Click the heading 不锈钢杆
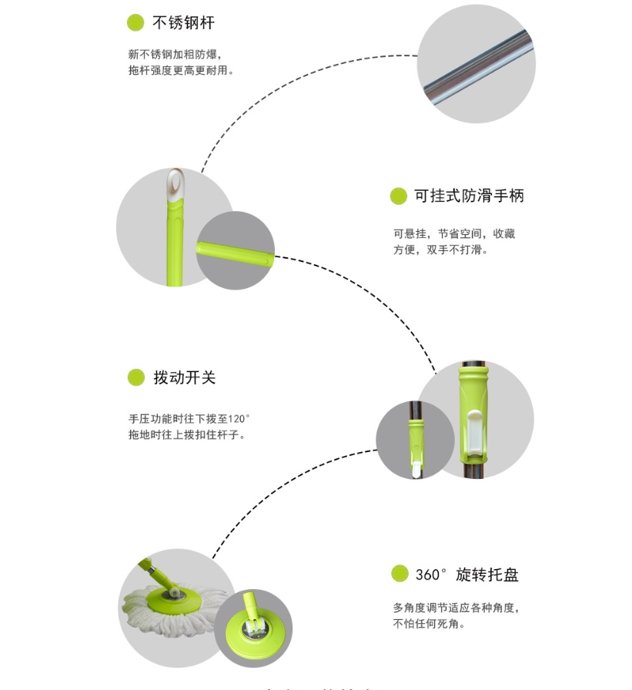(x=183, y=23)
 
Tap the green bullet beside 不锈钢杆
(x=135, y=22)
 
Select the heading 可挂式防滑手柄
(x=469, y=196)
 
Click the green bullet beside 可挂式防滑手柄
(x=399, y=196)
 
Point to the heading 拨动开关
(x=184, y=377)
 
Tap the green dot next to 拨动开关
(x=136, y=377)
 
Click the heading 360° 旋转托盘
(x=467, y=574)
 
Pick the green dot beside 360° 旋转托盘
(x=400, y=574)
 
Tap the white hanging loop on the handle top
(x=176, y=186)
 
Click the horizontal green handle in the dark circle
(x=235, y=254)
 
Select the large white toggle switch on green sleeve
(x=474, y=434)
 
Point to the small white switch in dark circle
(x=416, y=469)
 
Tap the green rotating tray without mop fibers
(x=255, y=634)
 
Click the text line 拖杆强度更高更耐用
(x=181, y=70)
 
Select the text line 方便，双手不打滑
(x=440, y=250)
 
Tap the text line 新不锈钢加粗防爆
(x=175, y=55)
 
